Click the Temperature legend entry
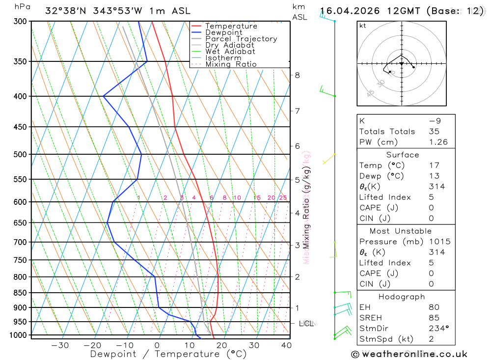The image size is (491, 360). point(231,26)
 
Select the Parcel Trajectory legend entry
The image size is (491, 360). point(241,39)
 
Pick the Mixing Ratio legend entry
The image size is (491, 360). point(231,64)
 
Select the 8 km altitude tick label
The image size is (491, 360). point(298,75)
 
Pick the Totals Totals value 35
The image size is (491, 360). point(434,131)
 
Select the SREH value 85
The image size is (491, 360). point(434,318)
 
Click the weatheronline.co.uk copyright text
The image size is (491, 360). point(409,354)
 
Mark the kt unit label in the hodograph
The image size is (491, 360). point(363,26)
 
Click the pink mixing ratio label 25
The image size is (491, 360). point(283,198)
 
